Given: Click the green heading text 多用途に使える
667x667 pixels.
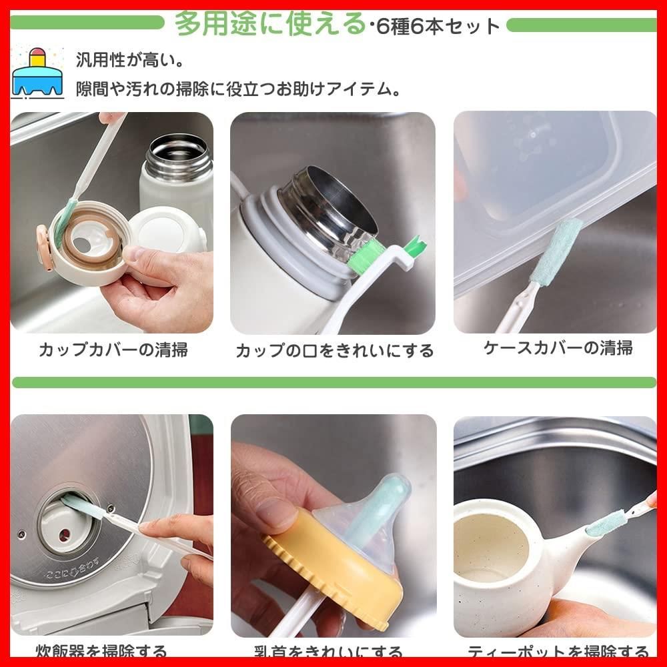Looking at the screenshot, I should [x=269, y=24].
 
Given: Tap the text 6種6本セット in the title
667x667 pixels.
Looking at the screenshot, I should [x=438, y=26].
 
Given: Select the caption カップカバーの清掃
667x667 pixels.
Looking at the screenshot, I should [x=113, y=350].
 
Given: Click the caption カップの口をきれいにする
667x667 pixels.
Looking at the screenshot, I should [x=334, y=351].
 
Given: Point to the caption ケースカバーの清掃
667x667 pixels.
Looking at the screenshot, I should [x=558, y=348].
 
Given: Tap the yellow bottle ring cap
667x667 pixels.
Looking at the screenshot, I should [x=333, y=574].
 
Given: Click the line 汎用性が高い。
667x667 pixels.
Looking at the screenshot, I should [x=130, y=59].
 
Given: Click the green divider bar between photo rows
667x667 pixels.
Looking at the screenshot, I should [x=333, y=382].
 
